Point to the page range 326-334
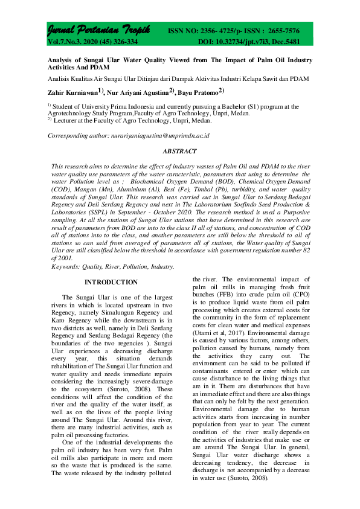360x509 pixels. click(x=122, y=42)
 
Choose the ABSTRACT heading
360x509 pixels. click(x=179, y=151)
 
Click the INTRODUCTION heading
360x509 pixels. click(x=111, y=283)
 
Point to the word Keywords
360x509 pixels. click(x=66, y=266)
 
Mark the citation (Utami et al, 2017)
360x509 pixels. click(x=217, y=349)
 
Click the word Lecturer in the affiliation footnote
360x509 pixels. click(x=68, y=120)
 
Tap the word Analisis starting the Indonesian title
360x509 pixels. click(x=61, y=79)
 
